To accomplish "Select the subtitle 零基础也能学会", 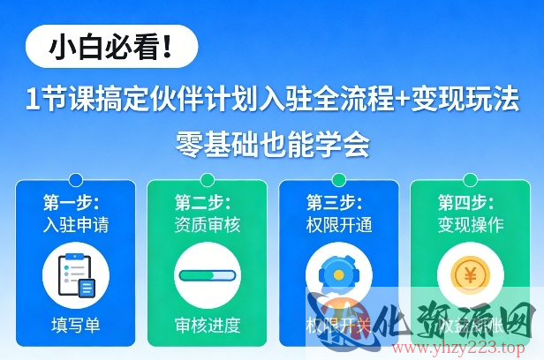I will click(272, 142).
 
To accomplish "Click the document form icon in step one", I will click(75, 274).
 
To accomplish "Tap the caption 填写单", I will click(75, 324).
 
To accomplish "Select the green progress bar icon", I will click(207, 275).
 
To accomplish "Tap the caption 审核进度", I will click(207, 324).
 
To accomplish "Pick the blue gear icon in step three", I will click(337, 274).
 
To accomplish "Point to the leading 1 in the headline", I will click(33, 101).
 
